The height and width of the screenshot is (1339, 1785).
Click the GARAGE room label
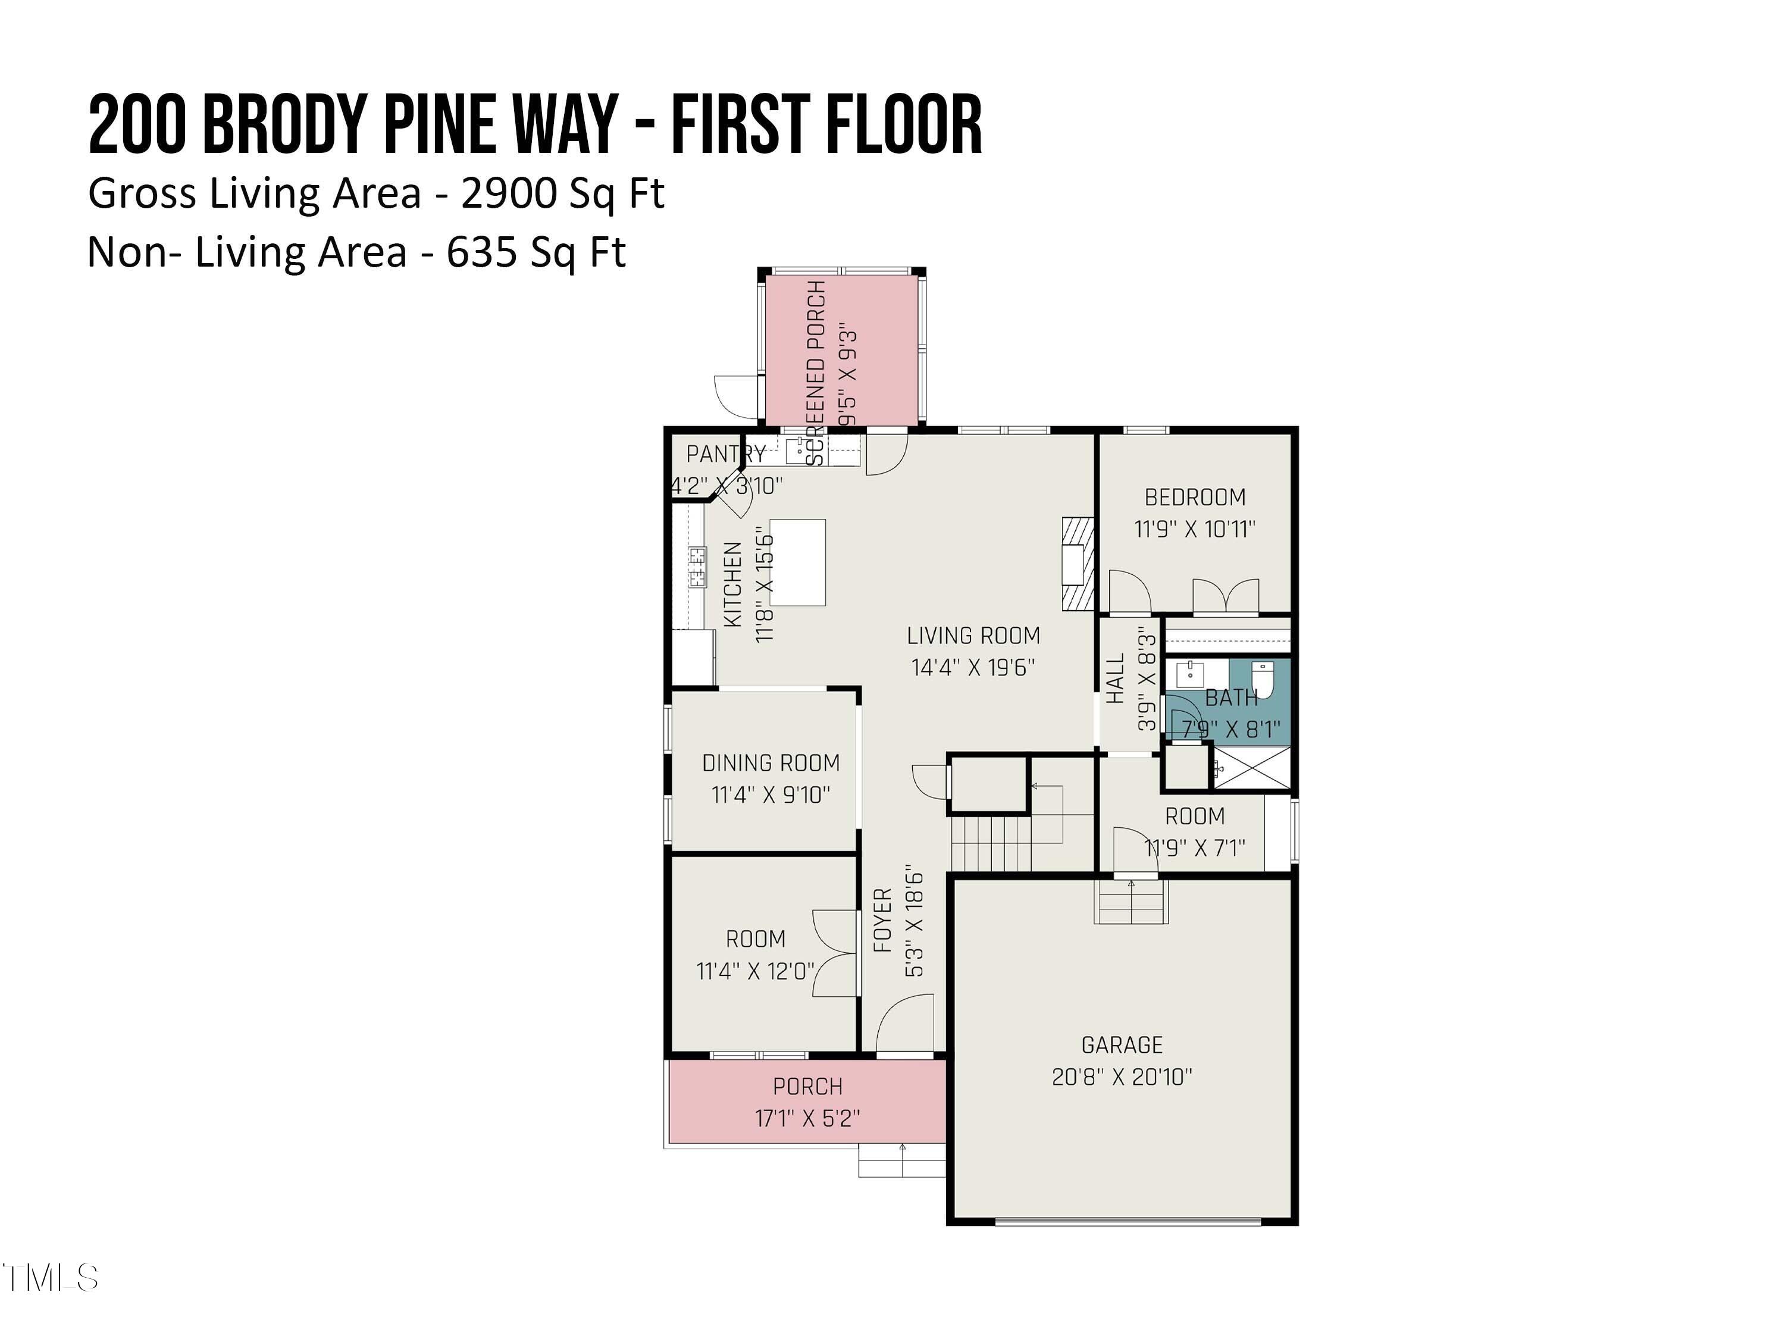tap(1122, 1045)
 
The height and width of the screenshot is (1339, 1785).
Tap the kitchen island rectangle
tap(797, 562)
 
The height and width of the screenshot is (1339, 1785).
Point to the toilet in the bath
tap(1261, 679)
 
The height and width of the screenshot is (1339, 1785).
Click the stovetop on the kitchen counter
tap(697, 567)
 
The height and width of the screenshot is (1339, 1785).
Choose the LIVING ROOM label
tap(973, 636)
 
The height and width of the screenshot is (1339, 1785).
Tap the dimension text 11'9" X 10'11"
tap(1195, 530)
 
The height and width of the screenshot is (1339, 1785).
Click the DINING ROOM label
tap(771, 763)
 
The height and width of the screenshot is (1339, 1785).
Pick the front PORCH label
tap(808, 1086)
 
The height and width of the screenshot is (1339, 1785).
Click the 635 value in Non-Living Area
tap(482, 253)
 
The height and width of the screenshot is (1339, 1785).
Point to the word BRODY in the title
tap(286, 124)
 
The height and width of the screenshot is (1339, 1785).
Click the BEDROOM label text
tap(1195, 497)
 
